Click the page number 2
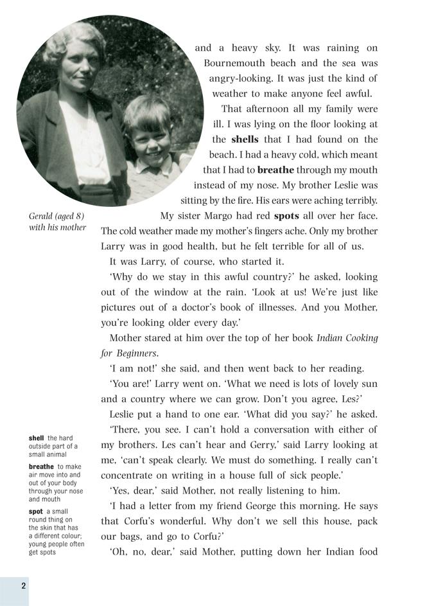click(x=23, y=585)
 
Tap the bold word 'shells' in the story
click(x=245, y=139)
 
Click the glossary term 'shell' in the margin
click(x=36, y=438)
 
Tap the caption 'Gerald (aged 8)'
click(x=57, y=216)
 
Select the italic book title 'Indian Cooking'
click(x=347, y=338)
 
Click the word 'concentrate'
click(x=128, y=475)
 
